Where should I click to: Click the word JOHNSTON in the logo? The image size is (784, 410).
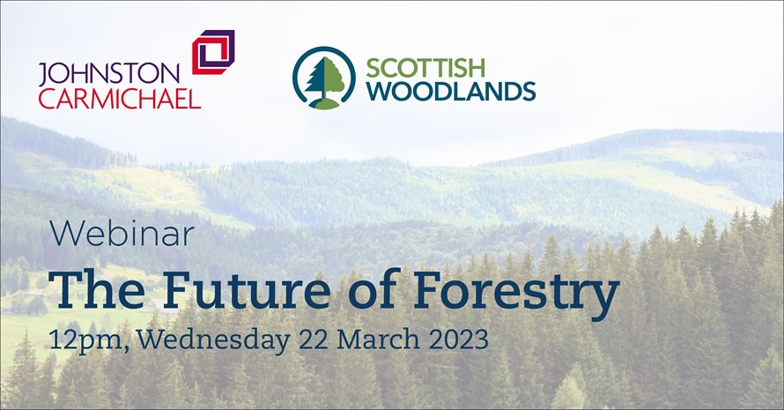(108, 74)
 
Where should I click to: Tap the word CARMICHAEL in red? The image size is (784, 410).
(120, 98)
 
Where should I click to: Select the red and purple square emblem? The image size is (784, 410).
(213, 52)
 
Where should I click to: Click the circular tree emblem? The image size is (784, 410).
(324, 78)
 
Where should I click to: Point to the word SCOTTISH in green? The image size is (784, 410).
(425, 68)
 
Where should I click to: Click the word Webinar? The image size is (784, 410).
(122, 234)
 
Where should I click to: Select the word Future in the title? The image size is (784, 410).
(247, 290)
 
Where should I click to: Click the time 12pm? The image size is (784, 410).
(85, 341)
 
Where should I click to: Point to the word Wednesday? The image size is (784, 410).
(213, 340)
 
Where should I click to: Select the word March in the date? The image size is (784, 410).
(378, 339)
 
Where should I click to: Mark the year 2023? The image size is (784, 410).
(458, 340)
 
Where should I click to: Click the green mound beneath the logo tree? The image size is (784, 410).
(324, 103)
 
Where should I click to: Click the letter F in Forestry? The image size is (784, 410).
(429, 290)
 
